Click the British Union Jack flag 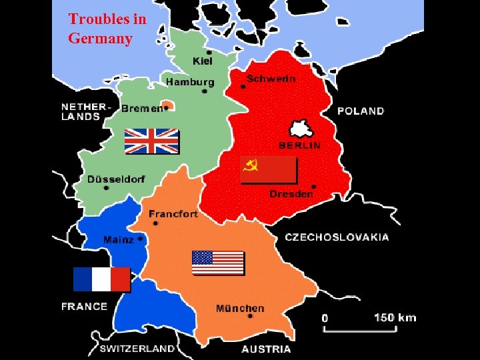151,141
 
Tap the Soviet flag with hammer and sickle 268,170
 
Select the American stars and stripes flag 218,263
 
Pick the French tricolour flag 101,279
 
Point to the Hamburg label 190,82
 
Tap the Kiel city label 202,61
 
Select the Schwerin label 271,78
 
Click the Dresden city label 291,194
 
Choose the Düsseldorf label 115,179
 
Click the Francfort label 173,214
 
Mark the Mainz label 118,239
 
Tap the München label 240,309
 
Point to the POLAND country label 361,111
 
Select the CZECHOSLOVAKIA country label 337,237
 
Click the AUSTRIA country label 266,349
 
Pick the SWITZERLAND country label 137,348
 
